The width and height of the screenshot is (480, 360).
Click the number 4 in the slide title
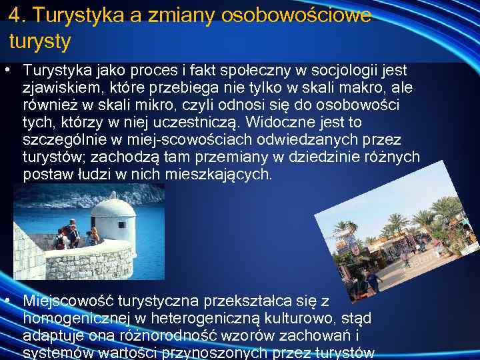pyautogui.click(x=15, y=15)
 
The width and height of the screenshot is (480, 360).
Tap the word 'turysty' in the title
pyautogui.click(x=40, y=41)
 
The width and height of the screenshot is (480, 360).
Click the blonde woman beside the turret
pyautogui.click(x=93, y=236)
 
